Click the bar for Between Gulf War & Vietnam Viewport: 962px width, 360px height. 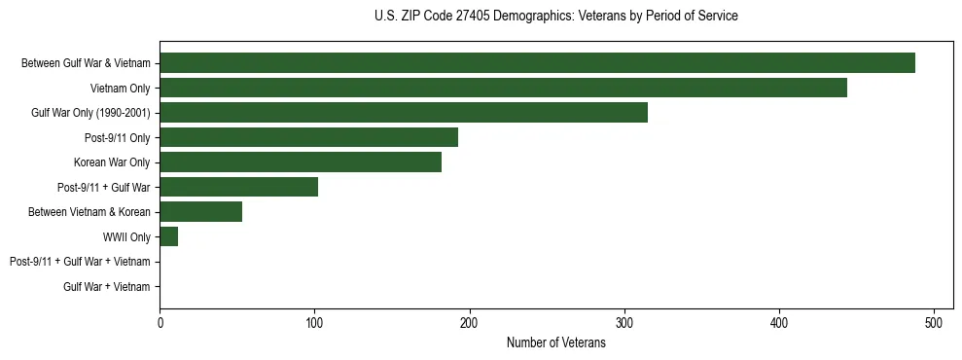537,63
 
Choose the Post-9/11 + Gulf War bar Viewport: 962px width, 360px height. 238,187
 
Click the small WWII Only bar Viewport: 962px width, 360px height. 169,236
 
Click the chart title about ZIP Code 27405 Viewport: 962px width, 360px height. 555,17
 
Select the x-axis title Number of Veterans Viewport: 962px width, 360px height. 555,342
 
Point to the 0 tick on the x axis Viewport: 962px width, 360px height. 160,322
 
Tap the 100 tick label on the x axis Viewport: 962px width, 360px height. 314,322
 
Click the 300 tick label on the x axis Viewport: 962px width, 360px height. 624,322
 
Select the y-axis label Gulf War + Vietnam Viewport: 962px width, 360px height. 107,286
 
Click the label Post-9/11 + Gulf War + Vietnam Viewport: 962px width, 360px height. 80,262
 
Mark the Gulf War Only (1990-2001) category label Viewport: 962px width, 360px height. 90,113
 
